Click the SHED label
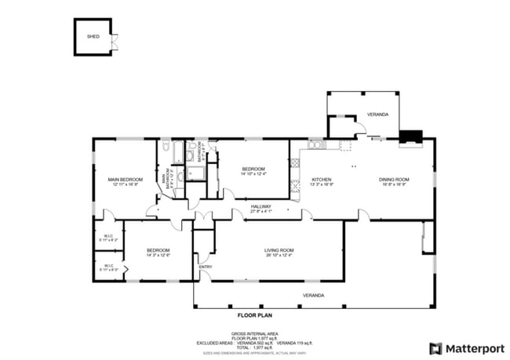click(x=93, y=36)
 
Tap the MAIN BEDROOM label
click(x=125, y=180)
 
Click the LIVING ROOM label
click(x=279, y=250)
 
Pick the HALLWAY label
click(x=260, y=206)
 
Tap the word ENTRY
click(x=206, y=267)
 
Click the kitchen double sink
click(x=315, y=145)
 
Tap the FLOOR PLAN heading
click(x=254, y=315)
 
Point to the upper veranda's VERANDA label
click(x=377, y=115)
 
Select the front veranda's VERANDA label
click(x=315, y=295)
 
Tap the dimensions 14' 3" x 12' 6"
click(x=158, y=255)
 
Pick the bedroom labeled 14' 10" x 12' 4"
click(x=253, y=170)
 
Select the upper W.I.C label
click(x=108, y=237)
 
